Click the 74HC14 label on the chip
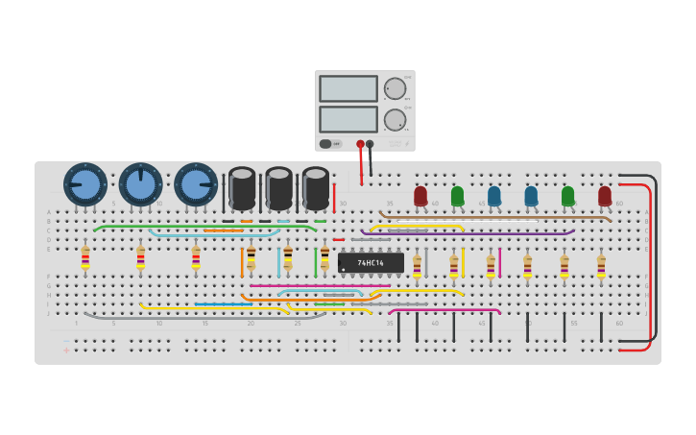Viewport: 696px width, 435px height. click(371, 262)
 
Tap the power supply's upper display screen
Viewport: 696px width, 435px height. click(348, 88)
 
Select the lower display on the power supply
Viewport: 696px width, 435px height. click(348, 119)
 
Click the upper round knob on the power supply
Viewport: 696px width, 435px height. click(395, 88)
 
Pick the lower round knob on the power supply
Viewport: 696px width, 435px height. click(395, 120)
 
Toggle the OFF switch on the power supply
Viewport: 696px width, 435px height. click(327, 144)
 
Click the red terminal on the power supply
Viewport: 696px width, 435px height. click(360, 144)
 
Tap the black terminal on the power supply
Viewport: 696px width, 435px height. click(370, 144)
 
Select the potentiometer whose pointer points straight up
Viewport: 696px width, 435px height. click(140, 184)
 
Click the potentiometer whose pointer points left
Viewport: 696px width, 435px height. click(85, 184)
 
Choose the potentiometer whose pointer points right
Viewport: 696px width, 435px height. click(196, 184)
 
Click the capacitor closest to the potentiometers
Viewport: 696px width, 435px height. click(242, 188)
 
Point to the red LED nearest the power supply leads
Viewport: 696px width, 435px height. click(420, 196)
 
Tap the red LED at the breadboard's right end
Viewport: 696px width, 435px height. click(605, 196)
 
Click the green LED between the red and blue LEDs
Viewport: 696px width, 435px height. click(457, 196)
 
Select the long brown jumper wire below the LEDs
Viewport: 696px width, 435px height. click(499, 218)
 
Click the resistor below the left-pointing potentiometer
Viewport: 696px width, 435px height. click(85, 257)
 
